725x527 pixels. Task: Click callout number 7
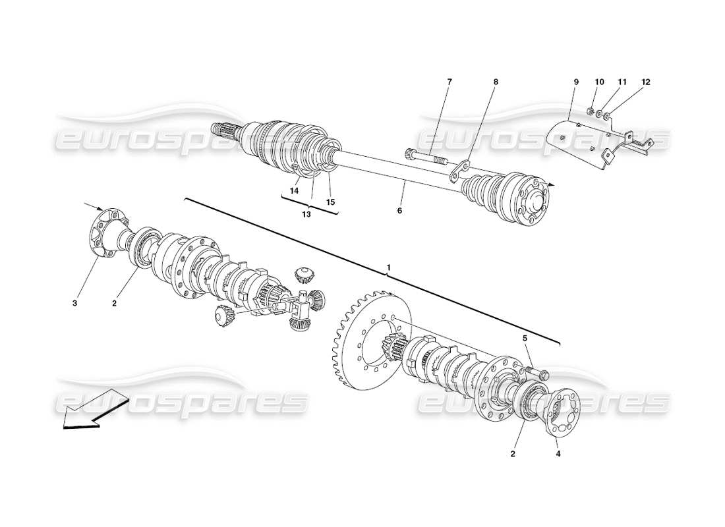tap(449, 82)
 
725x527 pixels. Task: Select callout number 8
tap(496, 82)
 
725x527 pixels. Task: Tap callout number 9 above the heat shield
tap(575, 82)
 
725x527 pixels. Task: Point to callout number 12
tap(646, 82)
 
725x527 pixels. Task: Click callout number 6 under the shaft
tap(399, 210)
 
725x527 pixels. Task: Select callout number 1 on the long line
tap(389, 268)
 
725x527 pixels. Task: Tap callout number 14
tap(294, 190)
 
